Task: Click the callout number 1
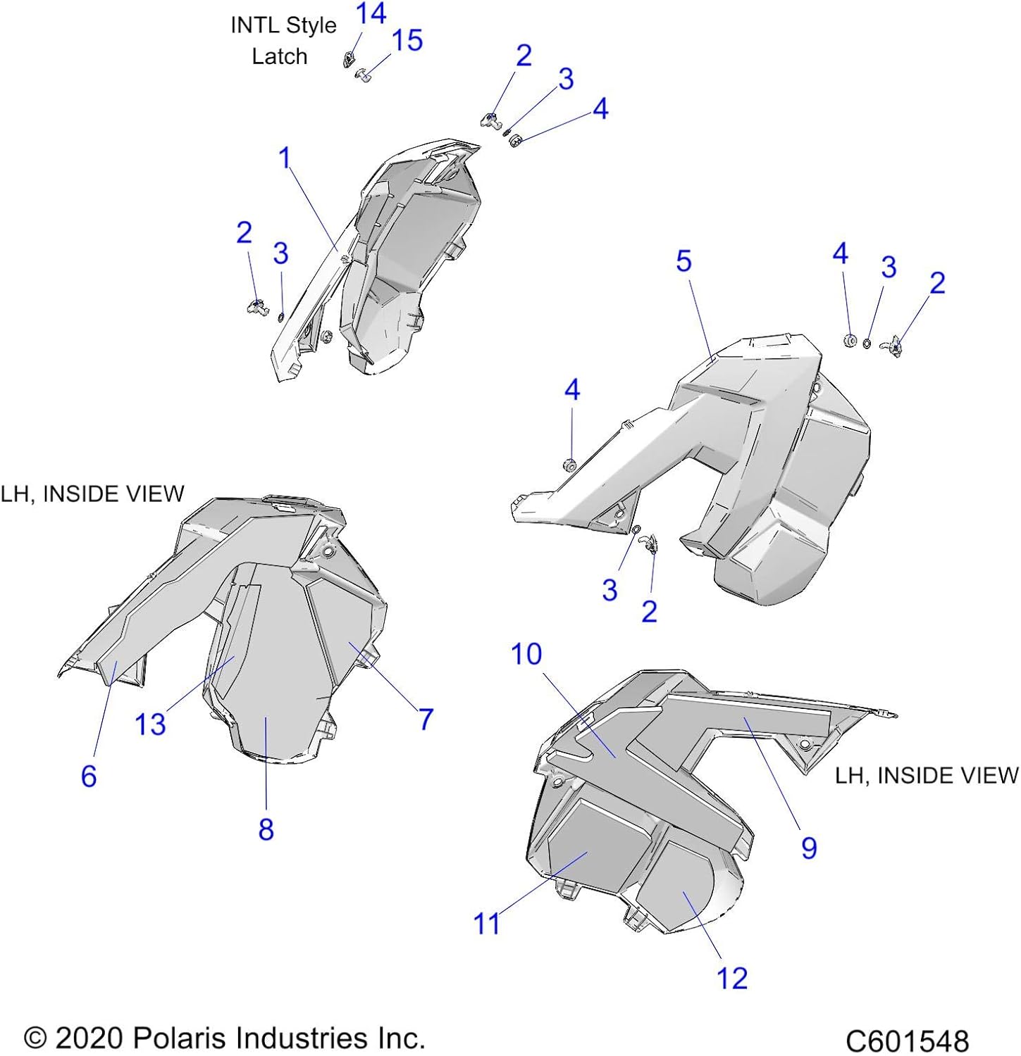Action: (285, 158)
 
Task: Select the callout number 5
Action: (683, 261)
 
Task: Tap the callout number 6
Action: (89, 776)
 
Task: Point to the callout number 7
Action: (426, 719)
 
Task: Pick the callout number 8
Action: (266, 829)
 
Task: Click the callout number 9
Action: (809, 848)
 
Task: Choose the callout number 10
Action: (526, 654)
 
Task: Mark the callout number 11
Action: (486, 924)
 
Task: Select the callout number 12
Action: (731, 978)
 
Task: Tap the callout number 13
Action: (150, 724)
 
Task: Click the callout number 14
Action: (371, 13)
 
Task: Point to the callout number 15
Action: (407, 40)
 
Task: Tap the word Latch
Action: (280, 56)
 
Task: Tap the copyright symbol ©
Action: (35, 1038)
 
